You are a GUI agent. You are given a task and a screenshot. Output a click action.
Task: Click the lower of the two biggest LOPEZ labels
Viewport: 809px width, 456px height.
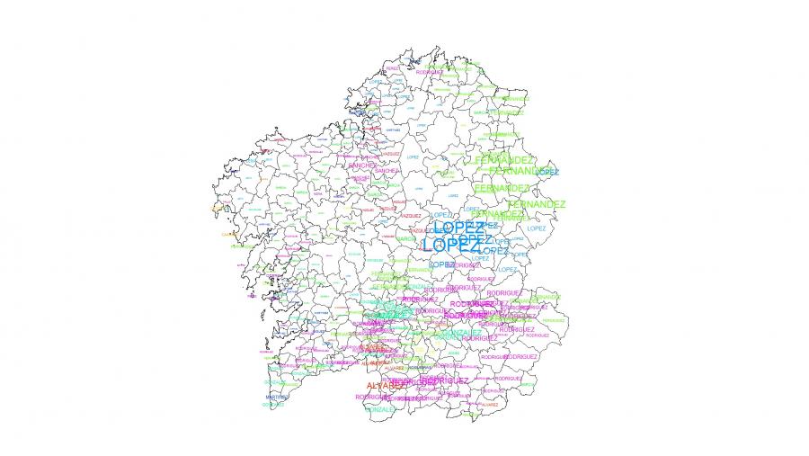(451, 245)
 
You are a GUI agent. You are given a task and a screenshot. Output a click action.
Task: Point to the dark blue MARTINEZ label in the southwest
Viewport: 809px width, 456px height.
(277, 397)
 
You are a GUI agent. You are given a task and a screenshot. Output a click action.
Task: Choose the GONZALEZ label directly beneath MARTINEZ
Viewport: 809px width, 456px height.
(274, 405)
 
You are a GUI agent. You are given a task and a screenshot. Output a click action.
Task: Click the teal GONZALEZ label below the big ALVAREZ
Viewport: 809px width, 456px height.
(380, 409)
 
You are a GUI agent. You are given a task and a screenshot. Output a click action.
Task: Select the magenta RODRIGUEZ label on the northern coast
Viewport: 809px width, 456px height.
(441, 73)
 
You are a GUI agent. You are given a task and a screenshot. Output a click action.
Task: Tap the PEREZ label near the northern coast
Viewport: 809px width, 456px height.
(393, 68)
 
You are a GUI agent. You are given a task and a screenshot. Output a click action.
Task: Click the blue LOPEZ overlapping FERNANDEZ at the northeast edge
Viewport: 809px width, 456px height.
(548, 172)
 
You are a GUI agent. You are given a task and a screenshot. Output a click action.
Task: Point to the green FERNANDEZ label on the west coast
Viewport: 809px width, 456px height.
(241, 246)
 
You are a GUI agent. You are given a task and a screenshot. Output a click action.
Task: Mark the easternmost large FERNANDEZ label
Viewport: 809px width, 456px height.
(537, 204)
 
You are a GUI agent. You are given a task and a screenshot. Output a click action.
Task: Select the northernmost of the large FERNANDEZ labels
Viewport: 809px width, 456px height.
(502, 159)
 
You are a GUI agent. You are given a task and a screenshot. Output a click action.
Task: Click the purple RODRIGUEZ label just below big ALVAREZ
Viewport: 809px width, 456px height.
(373, 397)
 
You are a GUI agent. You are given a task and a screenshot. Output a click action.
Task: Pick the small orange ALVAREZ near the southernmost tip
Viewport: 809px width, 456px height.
(489, 406)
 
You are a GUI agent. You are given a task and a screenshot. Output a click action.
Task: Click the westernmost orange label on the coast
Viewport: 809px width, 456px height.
(217, 208)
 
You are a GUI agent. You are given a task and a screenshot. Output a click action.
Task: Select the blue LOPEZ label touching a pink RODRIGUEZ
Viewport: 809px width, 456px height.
(441, 264)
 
